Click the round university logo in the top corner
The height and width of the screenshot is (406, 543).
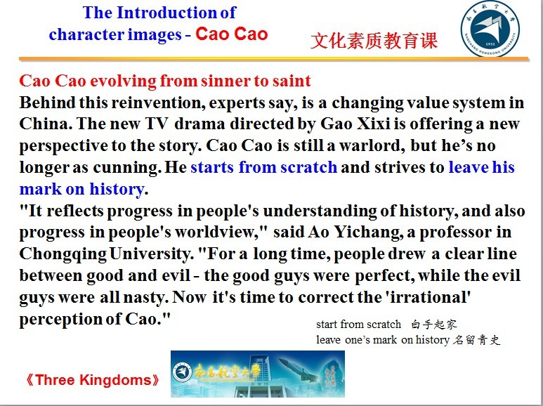tap(490, 28)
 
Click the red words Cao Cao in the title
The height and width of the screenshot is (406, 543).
tap(232, 34)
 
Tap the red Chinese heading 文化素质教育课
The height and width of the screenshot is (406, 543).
tap(374, 41)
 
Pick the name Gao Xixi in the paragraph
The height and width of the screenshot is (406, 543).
tap(355, 124)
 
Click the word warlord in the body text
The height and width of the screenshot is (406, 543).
tap(370, 145)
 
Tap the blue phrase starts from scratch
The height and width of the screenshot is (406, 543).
tap(264, 167)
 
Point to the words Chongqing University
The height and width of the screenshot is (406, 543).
tap(105, 254)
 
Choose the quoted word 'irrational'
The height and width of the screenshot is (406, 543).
tap(430, 297)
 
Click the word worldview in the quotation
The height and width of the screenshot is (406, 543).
tap(215, 232)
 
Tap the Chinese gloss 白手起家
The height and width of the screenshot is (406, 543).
tap(434, 325)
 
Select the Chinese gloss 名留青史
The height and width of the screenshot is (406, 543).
tap(476, 340)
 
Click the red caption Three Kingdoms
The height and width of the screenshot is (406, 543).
tap(93, 380)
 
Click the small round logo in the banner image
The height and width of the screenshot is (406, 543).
tap(182, 373)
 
